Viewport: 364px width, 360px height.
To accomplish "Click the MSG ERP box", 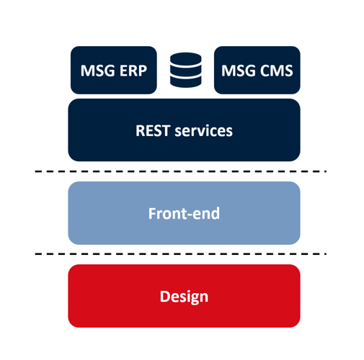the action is click(114, 70).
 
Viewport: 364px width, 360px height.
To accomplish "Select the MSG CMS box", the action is click(257, 70).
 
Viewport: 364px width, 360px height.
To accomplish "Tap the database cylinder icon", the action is click(186, 70).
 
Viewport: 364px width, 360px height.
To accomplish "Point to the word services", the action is click(204, 131).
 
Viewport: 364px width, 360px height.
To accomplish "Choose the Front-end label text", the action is click(184, 213).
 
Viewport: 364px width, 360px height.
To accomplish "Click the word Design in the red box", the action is click(184, 297).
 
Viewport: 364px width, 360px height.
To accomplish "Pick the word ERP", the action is click(133, 71).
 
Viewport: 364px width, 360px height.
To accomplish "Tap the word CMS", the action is click(277, 71).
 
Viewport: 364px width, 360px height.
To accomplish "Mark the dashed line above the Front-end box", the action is click(181, 171).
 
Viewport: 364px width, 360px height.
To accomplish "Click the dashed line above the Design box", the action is click(181, 254).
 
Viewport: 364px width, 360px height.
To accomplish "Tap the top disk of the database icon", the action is click(186, 59).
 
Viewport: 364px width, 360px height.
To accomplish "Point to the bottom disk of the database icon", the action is click(186, 83).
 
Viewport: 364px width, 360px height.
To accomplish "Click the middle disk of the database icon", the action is click(186, 72).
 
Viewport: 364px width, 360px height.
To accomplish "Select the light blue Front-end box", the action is click(184, 213).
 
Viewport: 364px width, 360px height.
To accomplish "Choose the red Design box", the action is click(184, 296).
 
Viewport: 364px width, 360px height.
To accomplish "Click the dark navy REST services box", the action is click(184, 130).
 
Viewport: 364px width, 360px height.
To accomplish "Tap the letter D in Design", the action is click(164, 297).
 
